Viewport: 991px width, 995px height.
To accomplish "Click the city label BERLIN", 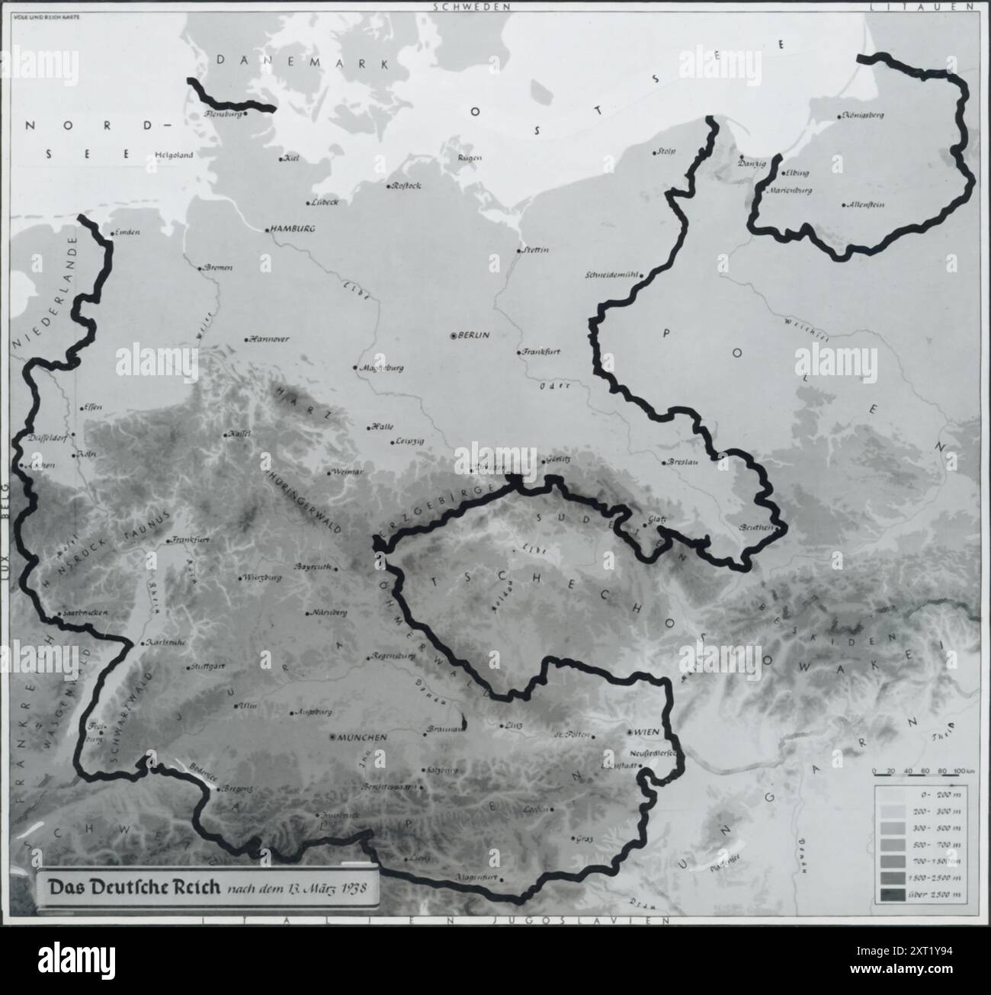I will [x=474, y=335].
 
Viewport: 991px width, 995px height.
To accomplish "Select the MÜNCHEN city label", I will [x=364, y=738].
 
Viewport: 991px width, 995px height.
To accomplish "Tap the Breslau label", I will [x=680, y=462].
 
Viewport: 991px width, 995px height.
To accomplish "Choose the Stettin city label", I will [x=535, y=250].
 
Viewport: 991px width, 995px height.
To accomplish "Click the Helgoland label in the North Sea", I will [x=174, y=155].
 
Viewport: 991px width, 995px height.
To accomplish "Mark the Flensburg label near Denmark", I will [x=223, y=114].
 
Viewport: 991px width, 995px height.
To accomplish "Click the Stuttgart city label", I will [x=207, y=666].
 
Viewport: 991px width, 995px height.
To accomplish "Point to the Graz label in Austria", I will [x=585, y=839].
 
